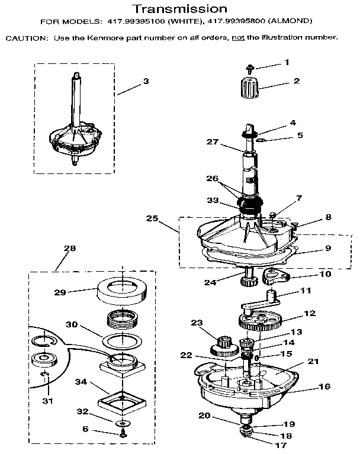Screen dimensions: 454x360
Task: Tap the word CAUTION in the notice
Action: (24, 38)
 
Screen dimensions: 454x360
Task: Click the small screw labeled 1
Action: (248, 69)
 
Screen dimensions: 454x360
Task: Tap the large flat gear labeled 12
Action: (261, 321)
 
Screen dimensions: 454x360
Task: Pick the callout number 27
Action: (211, 142)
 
